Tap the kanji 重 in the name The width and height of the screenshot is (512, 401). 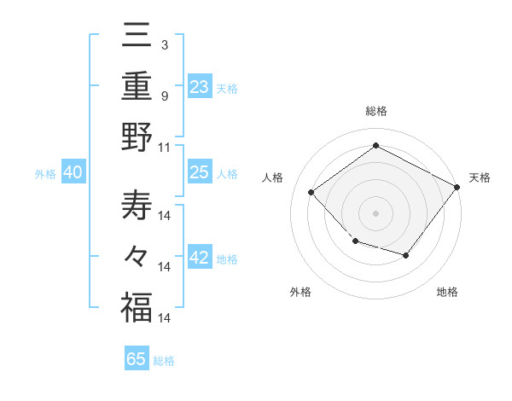[x=136, y=88]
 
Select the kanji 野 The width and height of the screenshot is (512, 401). [x=136, y=138]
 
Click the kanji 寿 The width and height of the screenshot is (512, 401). [x=136, y=206]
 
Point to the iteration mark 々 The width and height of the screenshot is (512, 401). [x=136, y=257]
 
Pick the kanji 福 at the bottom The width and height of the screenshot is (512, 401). [x=136, y=308]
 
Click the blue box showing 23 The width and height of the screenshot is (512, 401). [x=199, y=86]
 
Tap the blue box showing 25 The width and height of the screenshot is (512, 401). [x=199, y=171]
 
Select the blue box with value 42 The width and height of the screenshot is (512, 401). [x=199, y=258]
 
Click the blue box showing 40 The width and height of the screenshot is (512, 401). [x=73, y=172]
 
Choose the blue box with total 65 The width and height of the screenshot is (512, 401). [x=137, y=359]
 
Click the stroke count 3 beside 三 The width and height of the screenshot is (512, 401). [x=164, y=44]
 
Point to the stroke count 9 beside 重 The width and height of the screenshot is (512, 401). [x=164, y=96]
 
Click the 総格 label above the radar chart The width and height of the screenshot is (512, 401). [x=375, y=111]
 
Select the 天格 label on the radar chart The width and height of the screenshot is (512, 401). [x=480, y=177]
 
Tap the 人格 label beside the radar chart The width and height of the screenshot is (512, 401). [x=273, y=177]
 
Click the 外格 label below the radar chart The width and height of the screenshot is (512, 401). [x=300, y=292]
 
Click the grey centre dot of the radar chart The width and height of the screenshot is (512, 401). [x=375, y=213]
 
